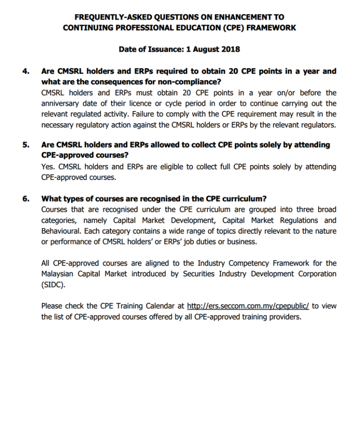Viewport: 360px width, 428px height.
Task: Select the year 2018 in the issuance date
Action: (x=230, y=49)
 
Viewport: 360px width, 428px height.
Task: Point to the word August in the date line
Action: (x=204, y=49)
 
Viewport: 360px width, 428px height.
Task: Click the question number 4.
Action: (x=26, y=72)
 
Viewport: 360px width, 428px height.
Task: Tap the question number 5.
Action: (x=26, y=145)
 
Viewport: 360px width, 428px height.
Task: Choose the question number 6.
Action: (x=26, y=199)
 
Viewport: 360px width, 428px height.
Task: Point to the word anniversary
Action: (x=61, y=103)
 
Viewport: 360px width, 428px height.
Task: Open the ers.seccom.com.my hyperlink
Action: (x=247, y=306)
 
